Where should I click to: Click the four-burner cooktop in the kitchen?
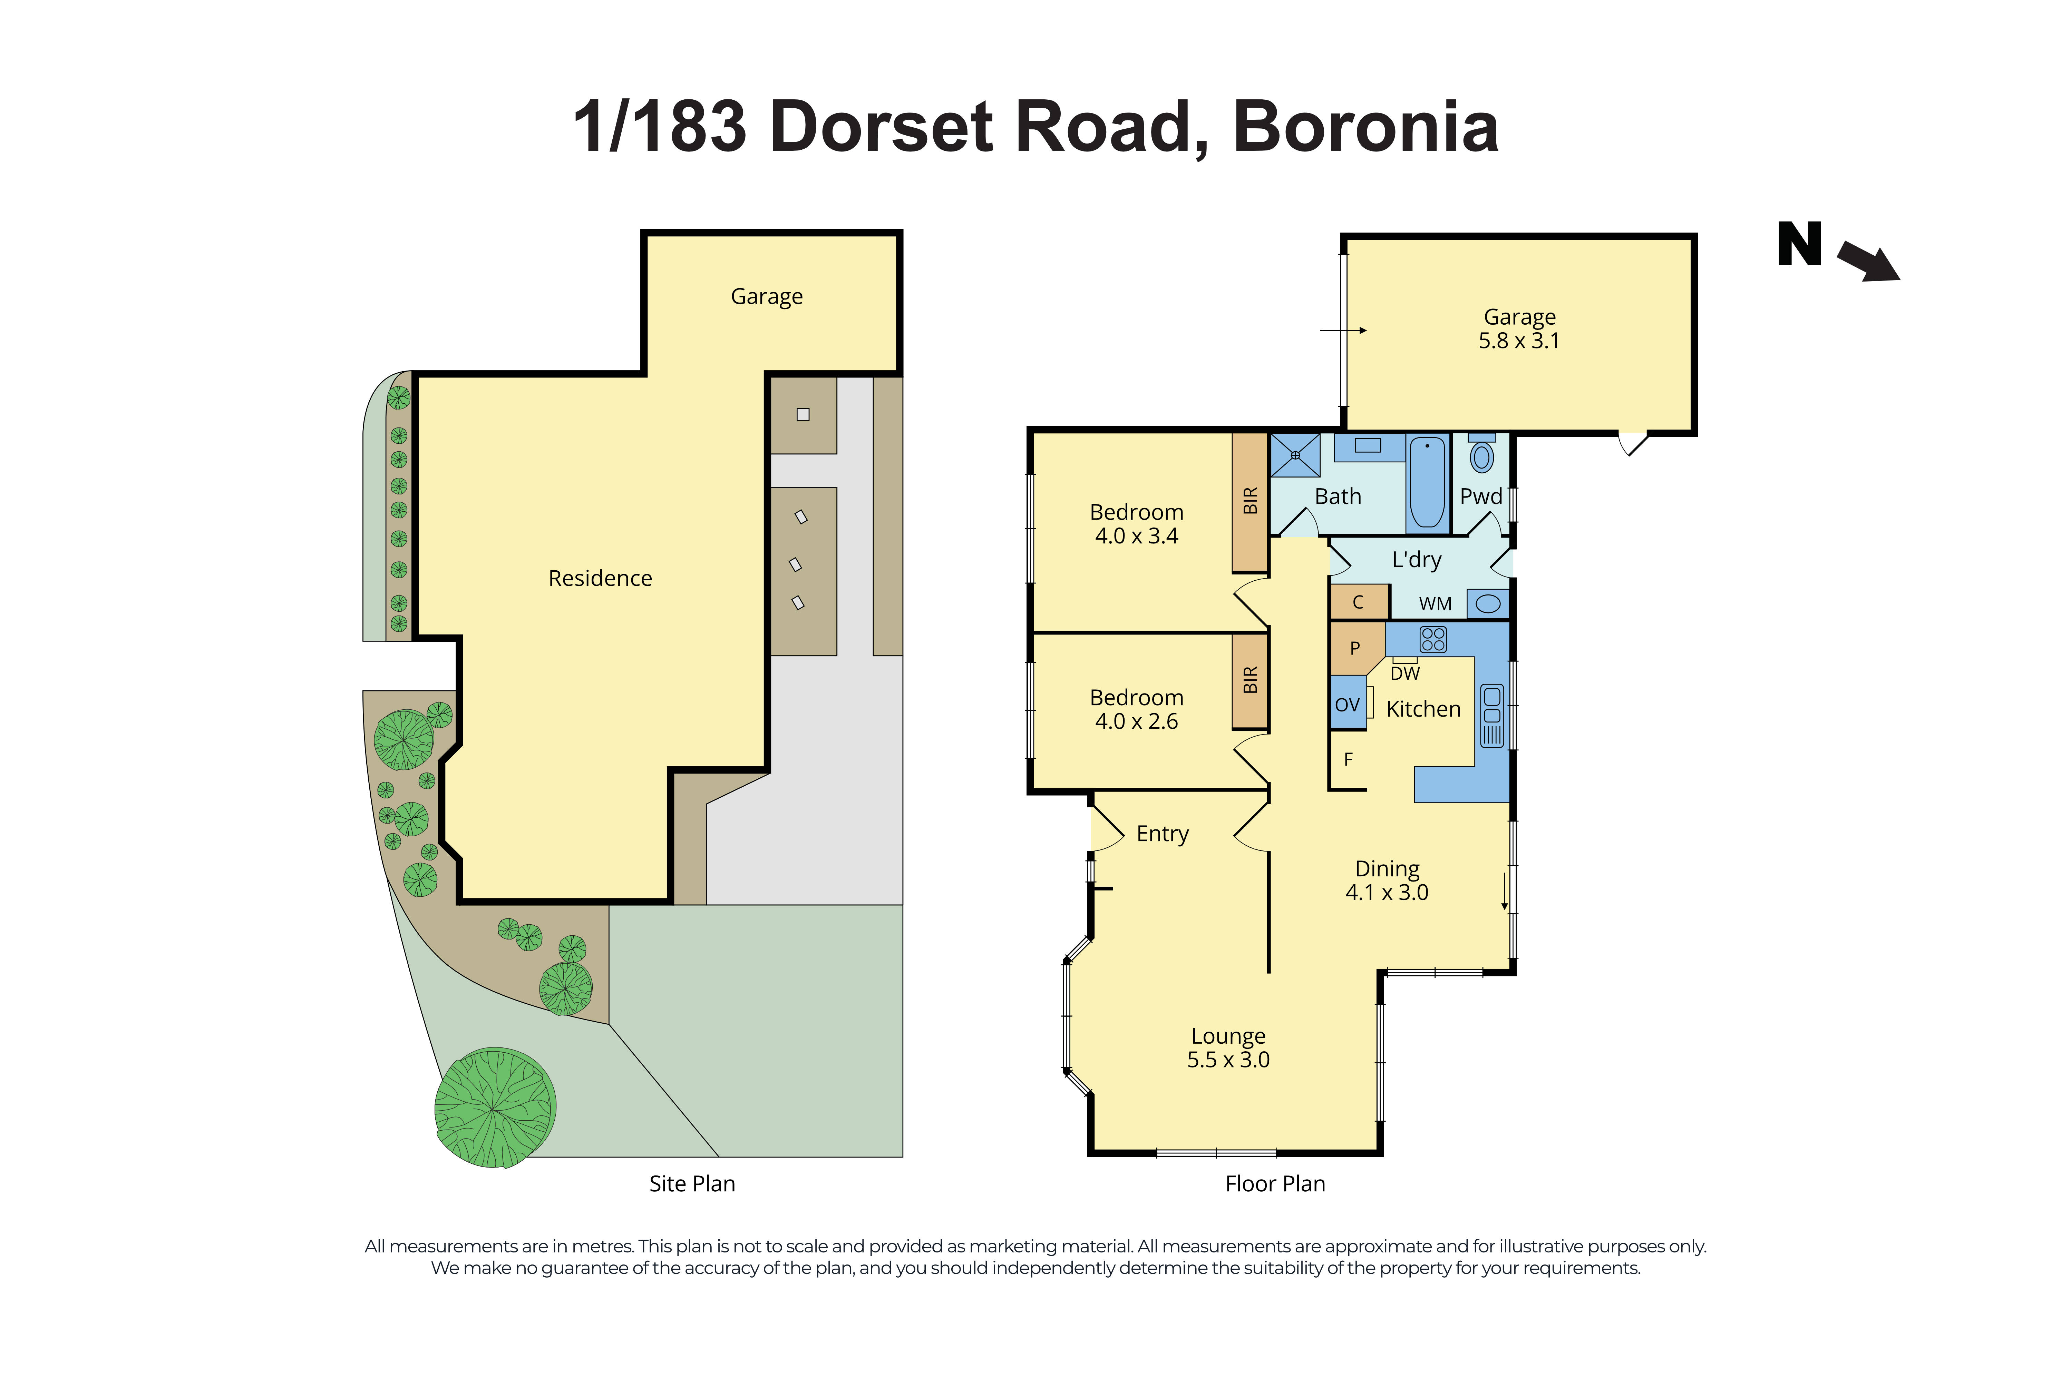[1432, 639]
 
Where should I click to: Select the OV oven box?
[1347, 704]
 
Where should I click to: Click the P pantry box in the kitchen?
[1354, 648]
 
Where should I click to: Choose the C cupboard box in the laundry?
[1358, 602]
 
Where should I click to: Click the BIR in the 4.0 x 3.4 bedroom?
[1249, 501]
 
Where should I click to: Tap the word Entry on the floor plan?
[1162, 833]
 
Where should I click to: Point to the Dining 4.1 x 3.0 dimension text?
[1386, 892]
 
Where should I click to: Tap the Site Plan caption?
[692, 1184]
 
